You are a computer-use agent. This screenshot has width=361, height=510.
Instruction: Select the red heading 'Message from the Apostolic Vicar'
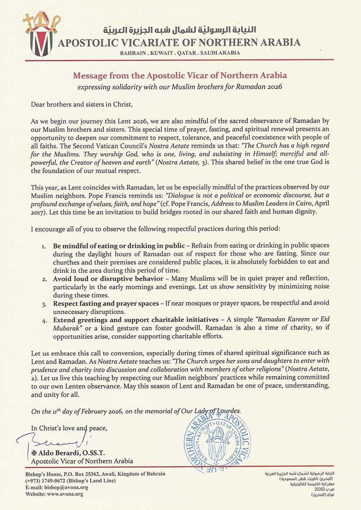point(180,75)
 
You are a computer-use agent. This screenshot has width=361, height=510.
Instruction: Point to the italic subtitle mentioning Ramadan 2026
point(180,86)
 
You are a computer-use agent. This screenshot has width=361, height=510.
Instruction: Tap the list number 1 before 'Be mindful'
point(44,246)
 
